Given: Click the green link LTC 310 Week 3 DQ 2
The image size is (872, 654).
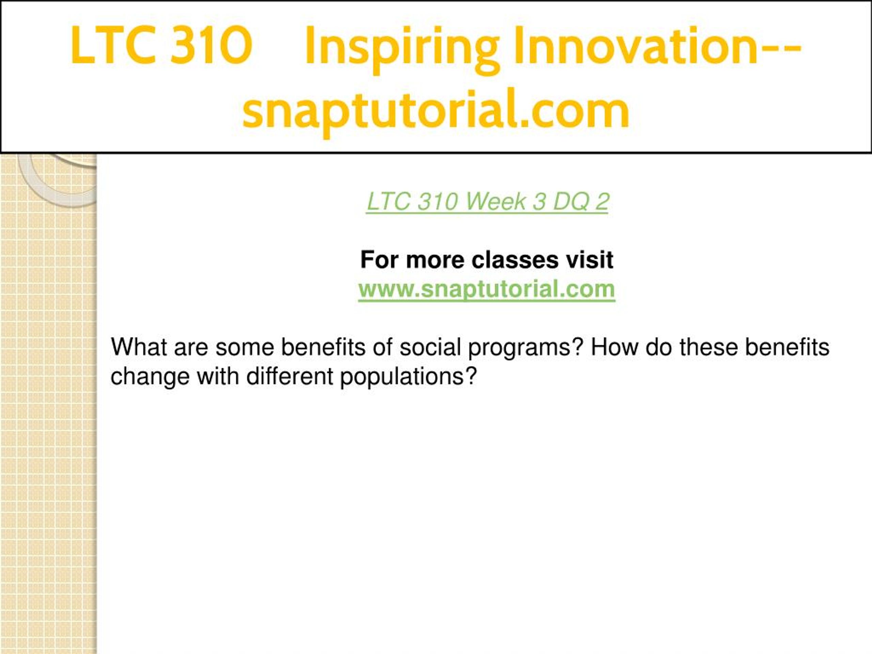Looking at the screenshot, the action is click(488, 202).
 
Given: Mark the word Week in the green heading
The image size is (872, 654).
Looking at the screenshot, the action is click(496, 202).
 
